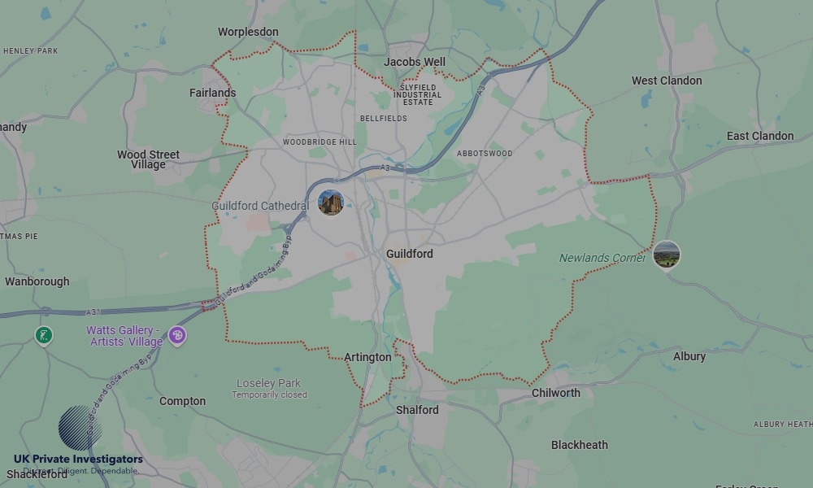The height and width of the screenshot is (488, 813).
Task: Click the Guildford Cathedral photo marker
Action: coord(331,203)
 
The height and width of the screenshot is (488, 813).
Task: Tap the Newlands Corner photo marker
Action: coord(667,255)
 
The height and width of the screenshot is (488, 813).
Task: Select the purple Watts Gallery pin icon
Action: coord(177,335)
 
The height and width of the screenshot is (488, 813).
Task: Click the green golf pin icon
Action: coord(44,335)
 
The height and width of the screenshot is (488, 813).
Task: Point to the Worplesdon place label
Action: coord(248,33)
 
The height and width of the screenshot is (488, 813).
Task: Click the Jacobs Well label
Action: coord(415,62)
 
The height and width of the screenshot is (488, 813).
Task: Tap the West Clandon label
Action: coord(667,81)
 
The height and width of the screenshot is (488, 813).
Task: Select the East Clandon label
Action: coord(760,136)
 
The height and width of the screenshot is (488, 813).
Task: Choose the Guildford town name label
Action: coord(410,254)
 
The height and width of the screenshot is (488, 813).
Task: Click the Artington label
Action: coord(367,357)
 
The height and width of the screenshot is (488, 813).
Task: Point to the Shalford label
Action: coord(417,410)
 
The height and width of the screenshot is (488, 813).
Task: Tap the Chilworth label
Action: coord(556,393)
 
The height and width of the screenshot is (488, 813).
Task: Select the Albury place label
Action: coord(689,357)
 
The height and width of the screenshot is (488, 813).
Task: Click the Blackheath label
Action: coord(579,445)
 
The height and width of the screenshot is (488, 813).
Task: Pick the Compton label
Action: coord(182,401)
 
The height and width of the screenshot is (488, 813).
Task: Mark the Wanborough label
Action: coord(37,281)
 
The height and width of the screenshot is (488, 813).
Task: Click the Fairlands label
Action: coord(213,93)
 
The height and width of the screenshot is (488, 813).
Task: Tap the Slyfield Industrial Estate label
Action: coord(417,94)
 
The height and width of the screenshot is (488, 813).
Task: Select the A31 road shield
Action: coord(95,312)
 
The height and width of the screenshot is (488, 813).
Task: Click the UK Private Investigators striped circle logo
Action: coord(80,428)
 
